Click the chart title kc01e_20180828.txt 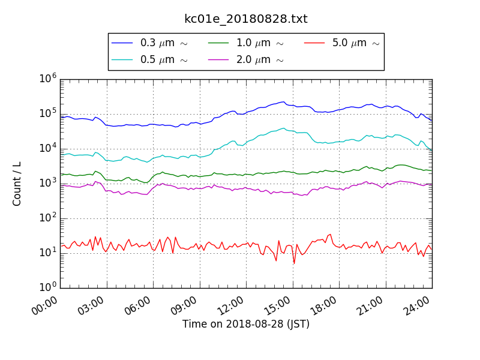coord(246,19)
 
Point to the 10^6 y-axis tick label coord(48,79)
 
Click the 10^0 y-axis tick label coord(48,287)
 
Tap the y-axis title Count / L coord(17,183)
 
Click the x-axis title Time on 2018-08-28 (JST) coord(246,324)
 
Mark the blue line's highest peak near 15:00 coord(283,102)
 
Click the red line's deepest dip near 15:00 coord(294,263)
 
